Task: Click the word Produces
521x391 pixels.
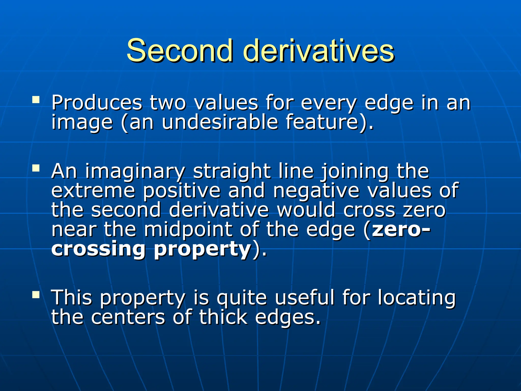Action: pyautogui.click(x=97, y=103)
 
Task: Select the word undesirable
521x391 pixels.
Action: pyautogui.click(x=220, y=122)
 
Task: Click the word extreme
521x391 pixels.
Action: pyautogui.click(x=93, y=191)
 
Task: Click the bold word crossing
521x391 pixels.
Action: pyautogui.click(x=98, y=249)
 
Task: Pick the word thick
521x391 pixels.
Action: pyautogui.click(x=223, y=317)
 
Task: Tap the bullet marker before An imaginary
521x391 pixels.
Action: pyautogui.click(x=36, y=168)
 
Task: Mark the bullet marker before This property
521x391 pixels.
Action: pyautogui.click(x=36, y=294)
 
